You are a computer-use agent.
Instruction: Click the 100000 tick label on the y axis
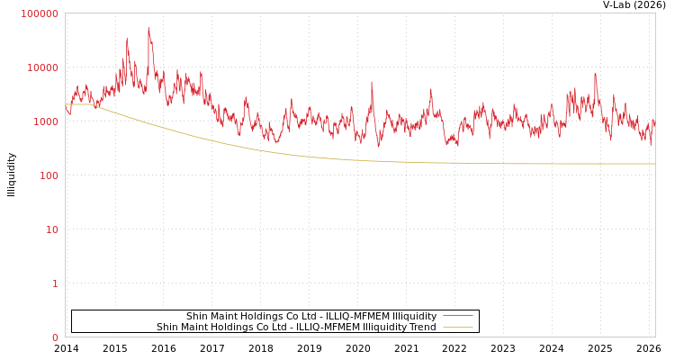pos(40,13)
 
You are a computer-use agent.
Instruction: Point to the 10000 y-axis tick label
pos(42,67)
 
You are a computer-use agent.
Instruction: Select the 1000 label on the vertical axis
pos(45,121)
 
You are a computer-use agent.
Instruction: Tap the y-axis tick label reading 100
pos(48,175)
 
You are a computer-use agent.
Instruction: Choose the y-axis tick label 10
pos(51,229)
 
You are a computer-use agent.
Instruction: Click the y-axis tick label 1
pos(55,283)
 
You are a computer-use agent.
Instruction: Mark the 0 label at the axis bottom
pos(55,337)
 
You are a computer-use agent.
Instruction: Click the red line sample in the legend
pos(458,317)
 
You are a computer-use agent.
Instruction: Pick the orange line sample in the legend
pos(458,328)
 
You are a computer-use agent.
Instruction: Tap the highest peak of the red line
pos(148,28)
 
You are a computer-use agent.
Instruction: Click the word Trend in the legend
pos(422,328)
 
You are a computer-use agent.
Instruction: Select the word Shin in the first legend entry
pos(197,317)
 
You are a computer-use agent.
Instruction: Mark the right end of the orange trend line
pos(654,164)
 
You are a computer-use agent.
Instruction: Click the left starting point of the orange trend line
pos(66,104)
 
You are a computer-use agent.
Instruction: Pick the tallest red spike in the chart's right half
pos(595,74)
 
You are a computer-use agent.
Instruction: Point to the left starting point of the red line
pos(66,107)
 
